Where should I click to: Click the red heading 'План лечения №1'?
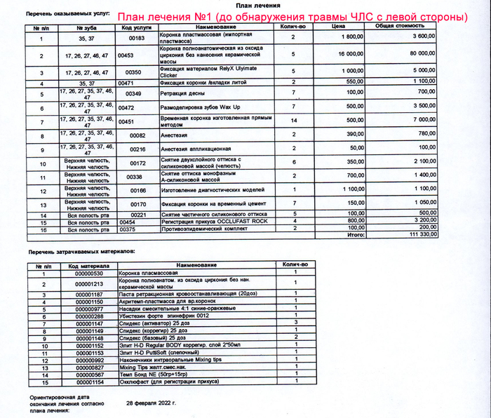pyautogui.click(x=292, y=16)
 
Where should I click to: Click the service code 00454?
pyautogui.click(x=127, y=222)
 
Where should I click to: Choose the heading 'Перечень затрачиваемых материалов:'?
pyautogui.click(x=76, y=251)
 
